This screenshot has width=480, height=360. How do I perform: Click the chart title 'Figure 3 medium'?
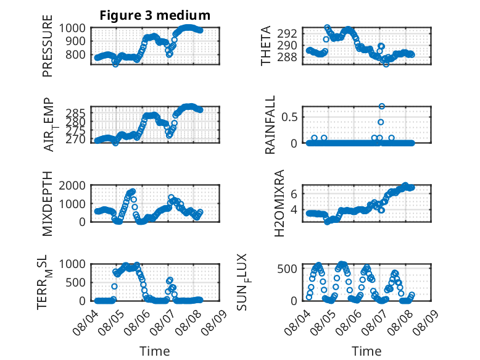point(155,15)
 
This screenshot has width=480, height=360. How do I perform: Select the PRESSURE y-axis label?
point(48,46)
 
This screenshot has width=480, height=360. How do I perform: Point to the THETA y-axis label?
point(266,46)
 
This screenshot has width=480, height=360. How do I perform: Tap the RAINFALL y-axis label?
point(270,125)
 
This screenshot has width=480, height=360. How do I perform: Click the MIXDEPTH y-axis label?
point(48,204)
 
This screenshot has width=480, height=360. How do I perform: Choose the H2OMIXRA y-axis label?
point(279,203)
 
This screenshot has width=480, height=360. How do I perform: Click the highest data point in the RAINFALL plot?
point(381,106)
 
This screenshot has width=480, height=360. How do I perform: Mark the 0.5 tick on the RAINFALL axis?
point(289,117)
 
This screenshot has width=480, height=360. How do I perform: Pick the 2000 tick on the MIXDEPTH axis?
point(72,185)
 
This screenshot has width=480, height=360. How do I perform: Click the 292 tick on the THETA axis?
point(287,33)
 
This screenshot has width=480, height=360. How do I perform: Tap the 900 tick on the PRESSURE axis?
point(76,41)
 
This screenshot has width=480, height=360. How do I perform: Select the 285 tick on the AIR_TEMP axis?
point(76,114)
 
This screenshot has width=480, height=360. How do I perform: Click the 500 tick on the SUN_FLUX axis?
point(287,269)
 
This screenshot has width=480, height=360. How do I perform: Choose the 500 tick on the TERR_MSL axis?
point(76,282)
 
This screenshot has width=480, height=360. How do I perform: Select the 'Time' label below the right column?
point(366,351)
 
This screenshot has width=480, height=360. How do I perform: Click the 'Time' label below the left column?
point(155,351)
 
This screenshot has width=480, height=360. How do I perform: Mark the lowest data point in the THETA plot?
point(386,64)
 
